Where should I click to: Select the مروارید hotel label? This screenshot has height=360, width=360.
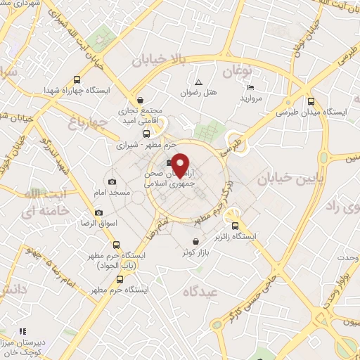251,98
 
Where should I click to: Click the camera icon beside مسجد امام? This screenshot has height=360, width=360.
112,181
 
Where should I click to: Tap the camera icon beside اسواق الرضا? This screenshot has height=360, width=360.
98,212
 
